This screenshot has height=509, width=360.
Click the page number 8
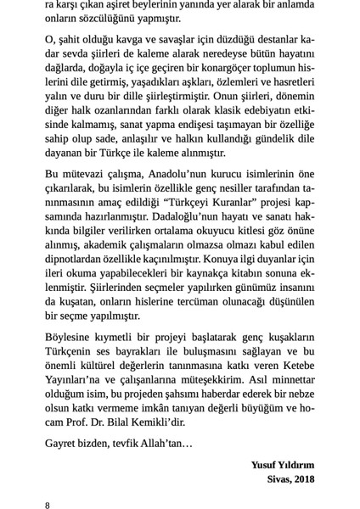click(x=48, y=505)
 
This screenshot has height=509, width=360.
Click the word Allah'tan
click(x=170, y=443)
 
